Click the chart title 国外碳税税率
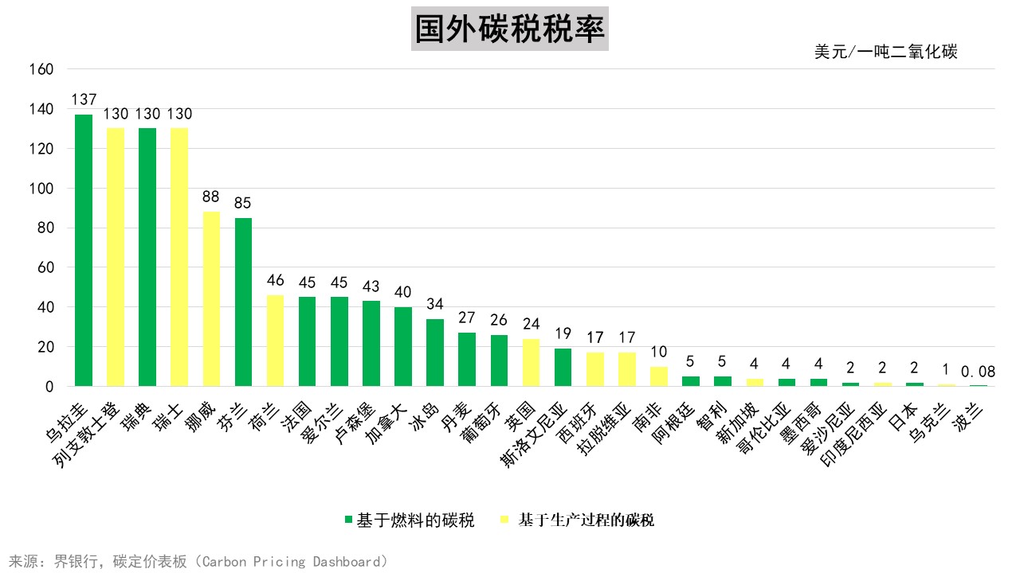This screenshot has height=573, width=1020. (510, 29)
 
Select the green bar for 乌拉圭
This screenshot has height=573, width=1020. (84, 251)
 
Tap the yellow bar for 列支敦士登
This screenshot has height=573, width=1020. (116, 257)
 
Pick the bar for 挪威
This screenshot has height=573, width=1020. (211, 298)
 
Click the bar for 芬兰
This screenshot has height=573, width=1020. (243, 302)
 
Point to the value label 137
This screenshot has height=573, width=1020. (84, 100)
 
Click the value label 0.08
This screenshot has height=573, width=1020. (978, 372)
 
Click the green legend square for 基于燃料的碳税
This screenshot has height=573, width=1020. (348, 520)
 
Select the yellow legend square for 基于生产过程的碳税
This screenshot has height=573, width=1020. (504, 520)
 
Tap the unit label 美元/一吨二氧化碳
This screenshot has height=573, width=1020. (885, 53)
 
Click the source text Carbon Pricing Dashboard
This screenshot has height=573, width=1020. (292, 562)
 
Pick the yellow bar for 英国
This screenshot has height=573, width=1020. (530, 362)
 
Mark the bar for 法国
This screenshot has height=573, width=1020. (307, 341)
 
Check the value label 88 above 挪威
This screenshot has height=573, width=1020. (211, 196)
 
